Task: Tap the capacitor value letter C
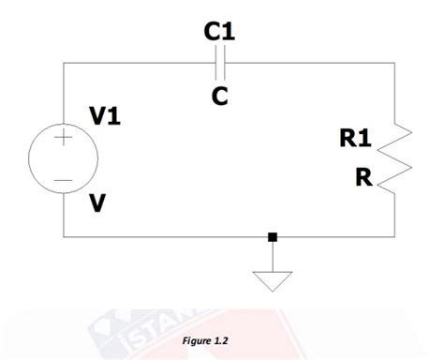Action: pyautogui.click(x=219, y=96)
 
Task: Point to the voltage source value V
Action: pyautogui.click(x=96, y=202)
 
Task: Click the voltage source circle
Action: pyautogui.click(x=63, y=158)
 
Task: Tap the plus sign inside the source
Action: pyautogui.click(x=63, y=139)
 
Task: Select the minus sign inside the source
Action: pyautogui.click(x=63, y=179)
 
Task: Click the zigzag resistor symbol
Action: pyautogui.click(x=392, y=157)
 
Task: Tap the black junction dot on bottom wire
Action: pyautogui.click(x=272, y=236)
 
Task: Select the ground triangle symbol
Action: pyautogui.click(x=272, y=279)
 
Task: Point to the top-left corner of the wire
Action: pyautogui.click(x=63, y=64)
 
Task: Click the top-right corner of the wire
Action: pyautogui.click(x=392, y=64)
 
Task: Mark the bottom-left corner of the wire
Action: pyautogui.click(x=63, y=236)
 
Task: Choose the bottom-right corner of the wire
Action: pyautogui.click(x=392, y=236)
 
